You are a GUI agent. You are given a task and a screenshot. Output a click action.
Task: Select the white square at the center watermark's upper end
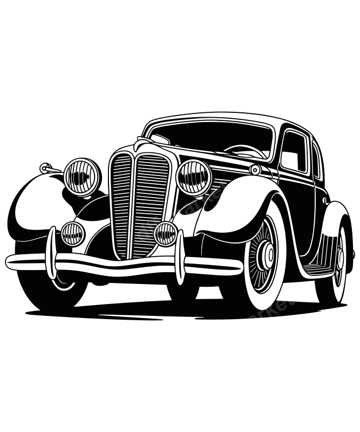tap(228, 190)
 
